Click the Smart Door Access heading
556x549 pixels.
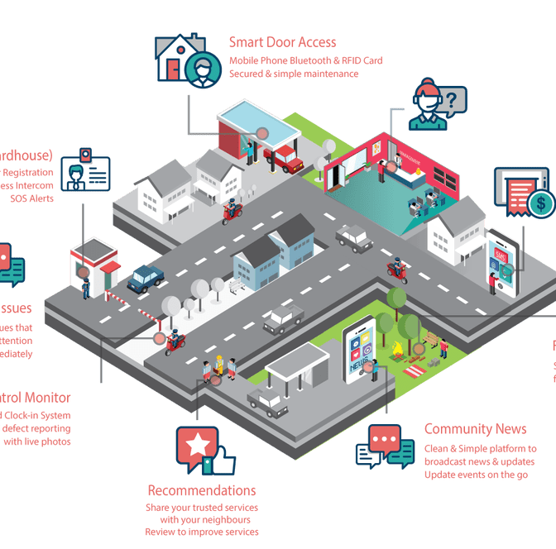point(283,41)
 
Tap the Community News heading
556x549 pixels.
point(475,429)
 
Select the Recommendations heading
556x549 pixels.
point(202,490)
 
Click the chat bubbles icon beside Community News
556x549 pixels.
point(385,449)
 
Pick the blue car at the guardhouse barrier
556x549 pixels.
point(146,278)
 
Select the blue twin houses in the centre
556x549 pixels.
point(274,251)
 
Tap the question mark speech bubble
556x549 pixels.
point(452,102)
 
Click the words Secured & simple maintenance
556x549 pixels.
point(294,74)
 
